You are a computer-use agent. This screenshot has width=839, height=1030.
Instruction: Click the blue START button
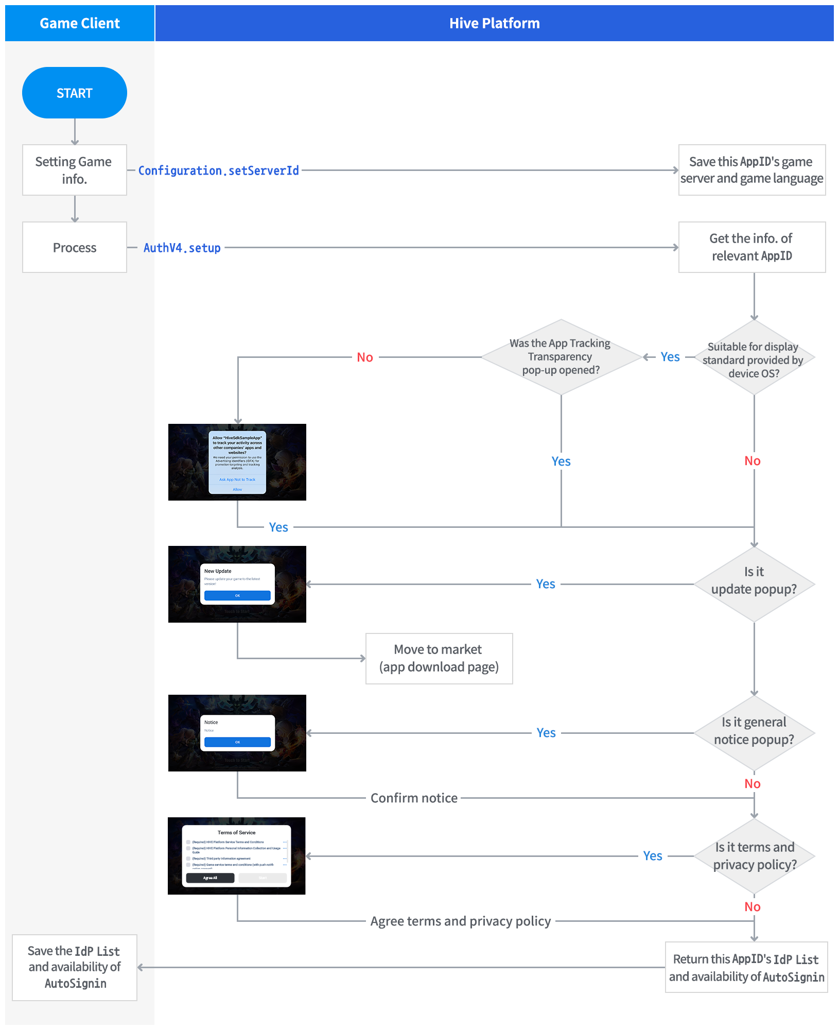pos(75,93)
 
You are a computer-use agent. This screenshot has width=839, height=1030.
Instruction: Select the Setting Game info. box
pos(75,170)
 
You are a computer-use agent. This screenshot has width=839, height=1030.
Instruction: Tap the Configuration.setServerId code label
pos(219,170)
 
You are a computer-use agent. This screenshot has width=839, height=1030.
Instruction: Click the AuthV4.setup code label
pos(182,248)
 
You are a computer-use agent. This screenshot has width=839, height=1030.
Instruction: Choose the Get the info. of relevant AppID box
pos(751,247)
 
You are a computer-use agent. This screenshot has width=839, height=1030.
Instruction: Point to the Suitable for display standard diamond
pos(754,358)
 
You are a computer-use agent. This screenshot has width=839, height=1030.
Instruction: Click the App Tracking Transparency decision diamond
pos(561,357)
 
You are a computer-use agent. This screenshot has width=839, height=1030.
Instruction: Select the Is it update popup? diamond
pos(754,584)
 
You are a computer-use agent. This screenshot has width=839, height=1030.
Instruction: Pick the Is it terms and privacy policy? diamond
pos(754,856)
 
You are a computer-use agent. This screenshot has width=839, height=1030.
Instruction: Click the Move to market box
pos(439,659)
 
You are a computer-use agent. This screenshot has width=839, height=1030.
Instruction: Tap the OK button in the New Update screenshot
pos(237,595)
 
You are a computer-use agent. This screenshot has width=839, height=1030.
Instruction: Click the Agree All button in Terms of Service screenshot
pos(210,878)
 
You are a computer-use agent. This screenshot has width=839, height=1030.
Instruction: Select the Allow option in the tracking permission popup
pos(237,489)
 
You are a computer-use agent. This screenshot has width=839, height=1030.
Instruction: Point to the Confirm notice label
pos(414,798)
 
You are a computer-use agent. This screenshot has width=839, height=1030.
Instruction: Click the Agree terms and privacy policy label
pos(461,921)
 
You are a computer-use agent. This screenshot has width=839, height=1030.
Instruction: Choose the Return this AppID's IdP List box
pos(746,967)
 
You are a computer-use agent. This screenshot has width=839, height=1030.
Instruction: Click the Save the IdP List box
pos(75,967)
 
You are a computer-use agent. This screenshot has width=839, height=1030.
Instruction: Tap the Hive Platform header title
pos(494,23)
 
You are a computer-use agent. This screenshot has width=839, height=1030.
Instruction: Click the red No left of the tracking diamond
pos(365,357)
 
